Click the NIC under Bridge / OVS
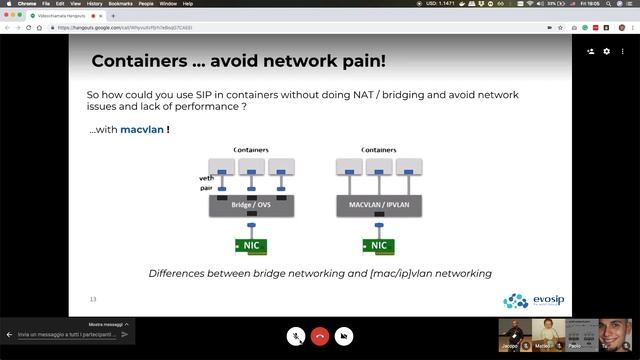coord(252,245)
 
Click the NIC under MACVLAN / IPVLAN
coord(379,245)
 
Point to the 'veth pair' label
coord(206,182)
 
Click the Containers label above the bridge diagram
coord(251,150)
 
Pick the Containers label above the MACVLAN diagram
coord(378,150)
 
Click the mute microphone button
coord(296,336)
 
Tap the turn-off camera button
coord(344,336)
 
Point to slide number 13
coord(93,299)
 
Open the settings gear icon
coord(606,51)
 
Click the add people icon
coord(590,51)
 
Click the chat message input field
coord(65,334)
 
